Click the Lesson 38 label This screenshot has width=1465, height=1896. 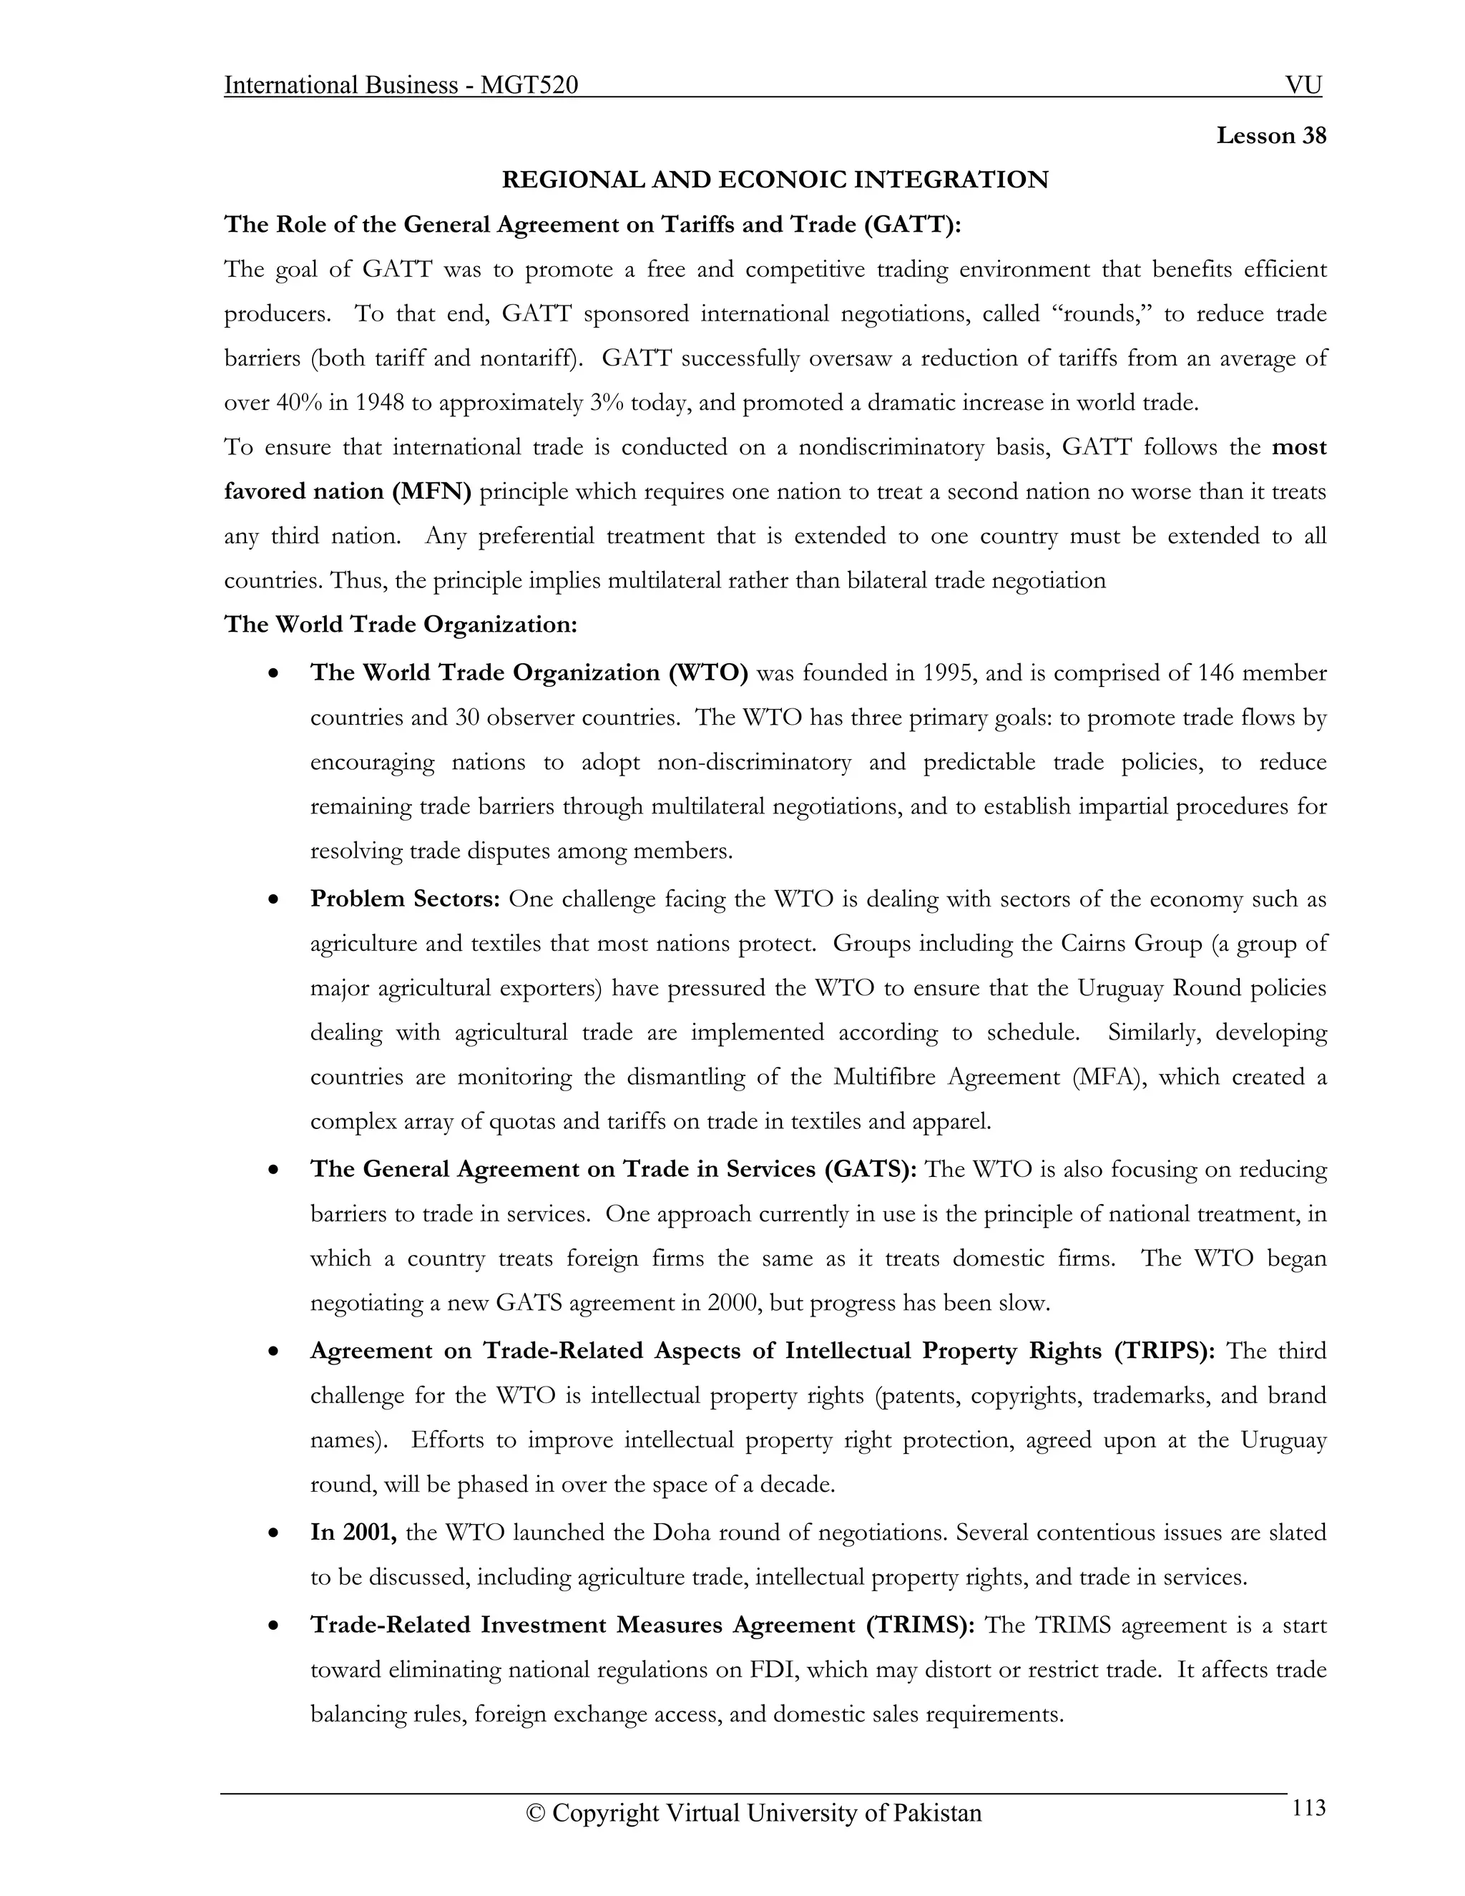point(1270,136)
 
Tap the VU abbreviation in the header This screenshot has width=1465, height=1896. point(1303,85)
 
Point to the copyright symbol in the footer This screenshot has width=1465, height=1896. point(536,1814)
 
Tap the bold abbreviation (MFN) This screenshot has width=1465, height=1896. point(431,492)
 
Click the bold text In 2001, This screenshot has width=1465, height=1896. point(354,1533)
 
